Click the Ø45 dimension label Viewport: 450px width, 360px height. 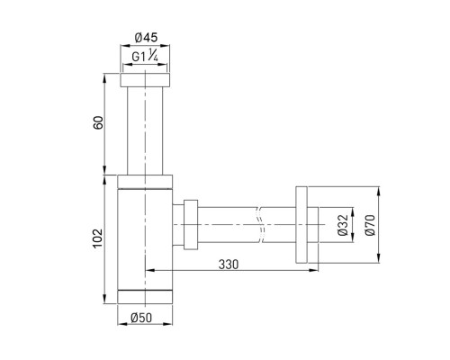coord(146,38)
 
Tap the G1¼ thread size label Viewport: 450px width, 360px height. coord(145,56)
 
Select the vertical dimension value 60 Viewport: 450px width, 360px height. coord(98,122)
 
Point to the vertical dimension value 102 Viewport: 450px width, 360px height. coord(98,238)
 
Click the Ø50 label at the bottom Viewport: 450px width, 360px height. coord(141,318)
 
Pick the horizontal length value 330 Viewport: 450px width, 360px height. coord(229,265)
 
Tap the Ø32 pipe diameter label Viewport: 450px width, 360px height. coord(343,225)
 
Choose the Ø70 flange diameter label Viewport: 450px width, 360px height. coord(371,225)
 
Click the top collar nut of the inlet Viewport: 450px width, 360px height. coord(145,80)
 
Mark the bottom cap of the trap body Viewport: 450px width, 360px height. coord(145,297)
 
